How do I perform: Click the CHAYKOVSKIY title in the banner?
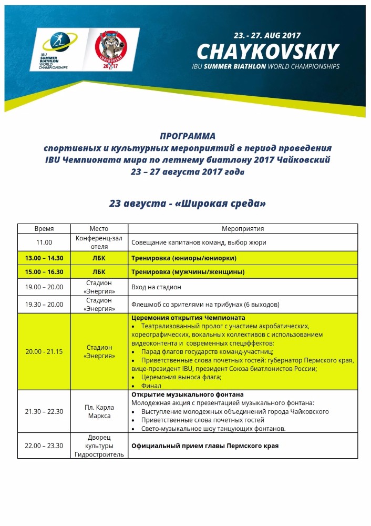coord(267,52)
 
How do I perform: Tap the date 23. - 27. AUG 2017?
coord(267,36)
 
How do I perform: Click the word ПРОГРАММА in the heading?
coord(188,136)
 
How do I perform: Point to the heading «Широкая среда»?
coord(188,203)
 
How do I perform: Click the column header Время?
coord(44,229)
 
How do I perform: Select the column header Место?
coord(99,229)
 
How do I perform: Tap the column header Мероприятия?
coord(243,229)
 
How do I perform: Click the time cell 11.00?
coord(44,242)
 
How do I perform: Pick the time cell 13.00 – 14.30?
coord(44,258)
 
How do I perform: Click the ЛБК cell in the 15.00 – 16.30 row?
coord(99,272)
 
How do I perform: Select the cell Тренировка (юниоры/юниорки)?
coord(183,258)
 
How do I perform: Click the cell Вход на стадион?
coord(156,287)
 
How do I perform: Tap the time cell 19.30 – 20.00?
coord(44,304)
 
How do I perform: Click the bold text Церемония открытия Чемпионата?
coord(188,318)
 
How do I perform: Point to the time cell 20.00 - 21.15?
coord(44,351)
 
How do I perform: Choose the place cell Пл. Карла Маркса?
coord(99,412)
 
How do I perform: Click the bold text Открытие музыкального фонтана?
coord(187,394)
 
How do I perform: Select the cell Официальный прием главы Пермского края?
coord(205,446)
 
